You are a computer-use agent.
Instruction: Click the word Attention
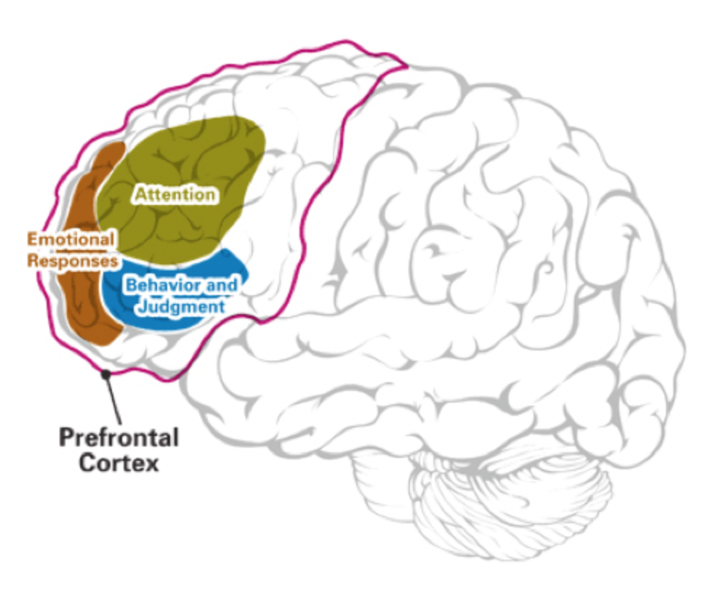(174, 194)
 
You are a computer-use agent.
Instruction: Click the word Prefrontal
(118, 439)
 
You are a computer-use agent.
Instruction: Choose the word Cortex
(118, 463)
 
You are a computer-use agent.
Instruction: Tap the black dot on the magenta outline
(107, 374)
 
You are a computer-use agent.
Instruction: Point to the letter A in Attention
(140, 194)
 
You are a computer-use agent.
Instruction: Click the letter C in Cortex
(85, 463)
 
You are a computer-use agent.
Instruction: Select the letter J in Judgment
(142, 307)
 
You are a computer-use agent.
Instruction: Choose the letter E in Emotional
(32, 238)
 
